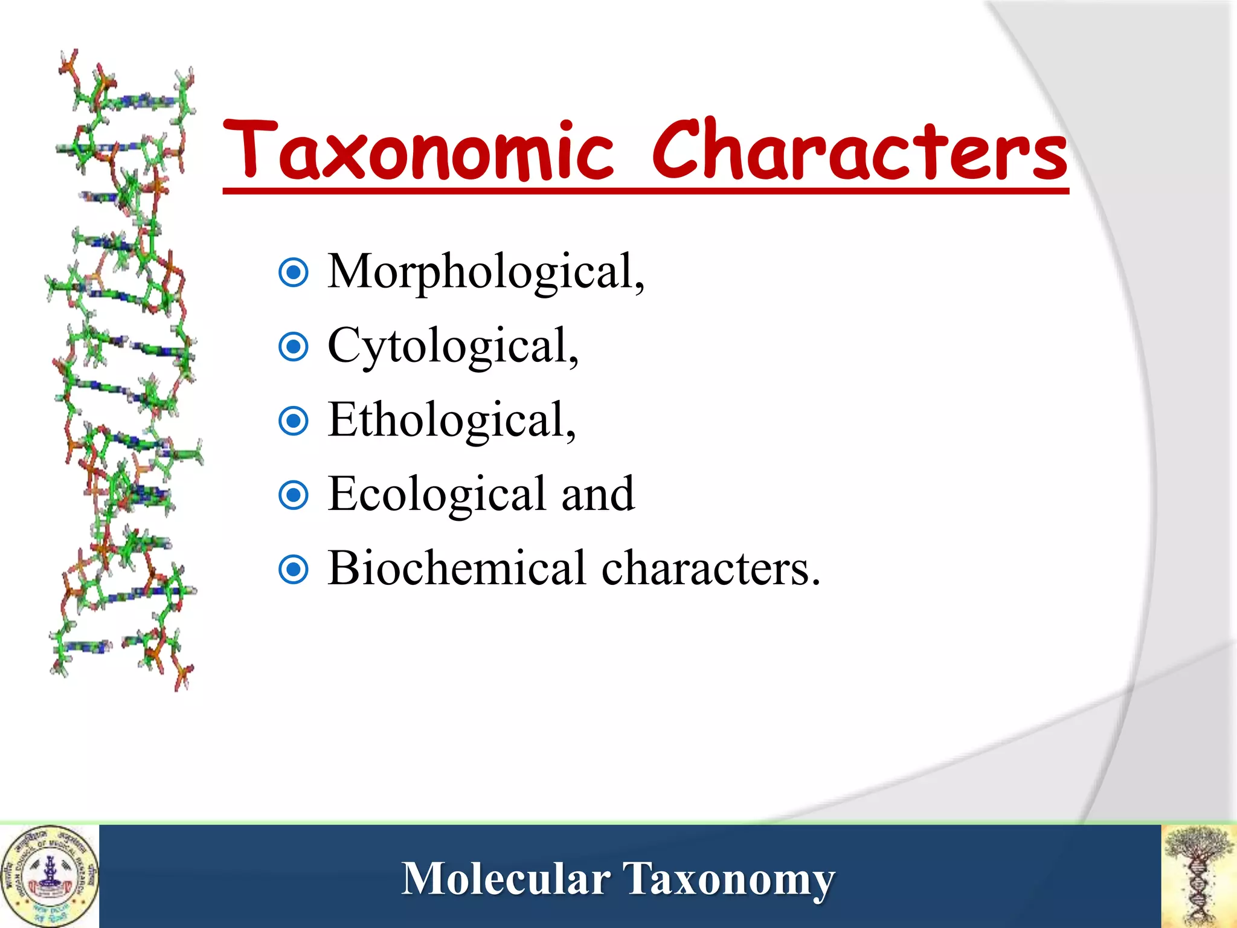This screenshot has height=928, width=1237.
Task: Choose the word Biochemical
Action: [x=457, y=569]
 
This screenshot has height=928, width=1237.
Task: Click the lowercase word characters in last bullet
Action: [x=710, y=569]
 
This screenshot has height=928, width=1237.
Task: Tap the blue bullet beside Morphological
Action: [x=294, y=273]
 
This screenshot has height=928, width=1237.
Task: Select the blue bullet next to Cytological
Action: [x=294, y=347]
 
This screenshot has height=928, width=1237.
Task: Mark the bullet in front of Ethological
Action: [x=294, y=422]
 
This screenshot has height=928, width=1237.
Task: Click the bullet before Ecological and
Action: [x=294, y=495]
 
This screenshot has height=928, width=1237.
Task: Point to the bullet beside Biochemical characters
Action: [x=294, y=570]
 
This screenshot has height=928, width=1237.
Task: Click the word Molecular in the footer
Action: [x=506, y=878]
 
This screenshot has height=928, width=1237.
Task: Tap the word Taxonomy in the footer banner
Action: [x=728, y=880]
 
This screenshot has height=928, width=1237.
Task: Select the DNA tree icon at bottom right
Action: [x=1199, y=876]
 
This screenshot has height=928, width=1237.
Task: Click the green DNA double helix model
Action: [x=124, y=369]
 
